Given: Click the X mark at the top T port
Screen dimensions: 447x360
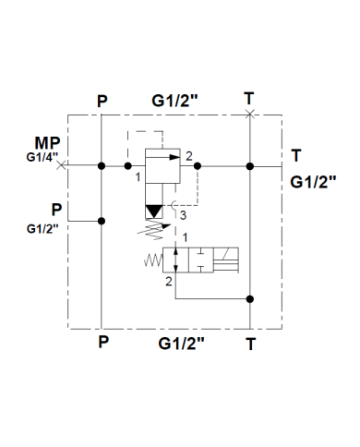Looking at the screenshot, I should (250, 113).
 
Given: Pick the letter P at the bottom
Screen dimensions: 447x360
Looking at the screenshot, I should (102, 341).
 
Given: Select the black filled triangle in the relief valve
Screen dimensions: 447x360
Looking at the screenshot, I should (155, 211).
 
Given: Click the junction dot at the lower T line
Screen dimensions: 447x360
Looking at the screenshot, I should (250, 297).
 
